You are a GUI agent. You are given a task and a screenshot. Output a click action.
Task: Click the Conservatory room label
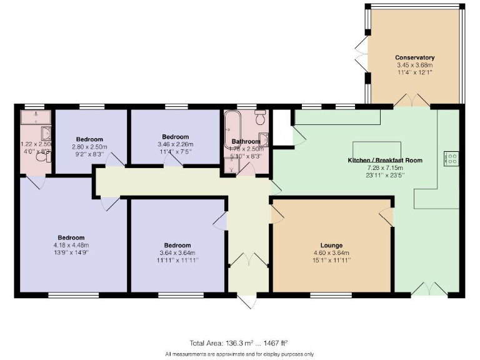[x=414, y=57]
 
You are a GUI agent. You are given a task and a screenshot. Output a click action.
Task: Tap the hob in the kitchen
[x=451, y=159]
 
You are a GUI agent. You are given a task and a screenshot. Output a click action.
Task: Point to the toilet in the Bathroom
[x=261, y=117]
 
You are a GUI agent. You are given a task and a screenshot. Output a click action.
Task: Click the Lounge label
[x=332, y=245]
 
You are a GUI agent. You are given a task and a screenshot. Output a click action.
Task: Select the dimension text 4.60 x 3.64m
[x=332, y=252]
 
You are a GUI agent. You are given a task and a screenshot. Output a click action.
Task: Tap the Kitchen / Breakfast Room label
[x=385, y=161]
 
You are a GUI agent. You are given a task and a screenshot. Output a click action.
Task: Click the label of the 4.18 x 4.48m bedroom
[x=71, y=237]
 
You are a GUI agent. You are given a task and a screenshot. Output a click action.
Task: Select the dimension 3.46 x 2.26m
[x=175, y=144]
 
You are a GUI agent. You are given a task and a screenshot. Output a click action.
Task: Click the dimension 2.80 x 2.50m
[x=89, y=147]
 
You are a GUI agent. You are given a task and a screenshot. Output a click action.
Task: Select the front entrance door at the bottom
[x=247, y=301]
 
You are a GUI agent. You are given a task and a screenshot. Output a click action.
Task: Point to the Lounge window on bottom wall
[x=331, y=294]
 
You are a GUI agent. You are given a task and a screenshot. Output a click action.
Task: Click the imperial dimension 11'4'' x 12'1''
[x=414, y=72]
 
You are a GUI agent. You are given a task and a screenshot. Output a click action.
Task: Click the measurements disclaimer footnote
[x=239, y=354]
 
